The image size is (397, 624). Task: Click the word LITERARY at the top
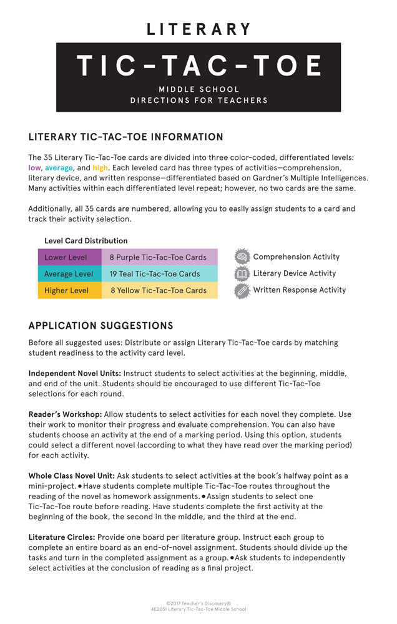pos(198,29)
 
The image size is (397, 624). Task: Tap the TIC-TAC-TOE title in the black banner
pos(198,66)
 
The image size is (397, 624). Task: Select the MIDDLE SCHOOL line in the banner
pos(198,89)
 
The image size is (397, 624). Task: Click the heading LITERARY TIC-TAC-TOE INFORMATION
pos(126,137)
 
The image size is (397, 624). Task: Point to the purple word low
pos(34,168)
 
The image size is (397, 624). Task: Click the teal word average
pos(59,168)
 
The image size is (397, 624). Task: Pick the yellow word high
pos(100,168)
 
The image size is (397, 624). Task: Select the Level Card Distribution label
pos(86,241)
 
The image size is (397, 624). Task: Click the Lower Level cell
pos(66,257)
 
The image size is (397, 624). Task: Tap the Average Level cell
pos(69,274)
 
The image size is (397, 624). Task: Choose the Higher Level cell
pos(66,290)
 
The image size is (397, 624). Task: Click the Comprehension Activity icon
pos(242,256)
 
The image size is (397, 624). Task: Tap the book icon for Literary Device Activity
pos(242,273)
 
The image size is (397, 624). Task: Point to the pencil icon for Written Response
pos(242,290)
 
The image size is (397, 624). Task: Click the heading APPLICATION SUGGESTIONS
pos(101,326)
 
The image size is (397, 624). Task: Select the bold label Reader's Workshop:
pos(65,414)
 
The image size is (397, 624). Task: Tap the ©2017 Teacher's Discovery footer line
pos(198,603)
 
